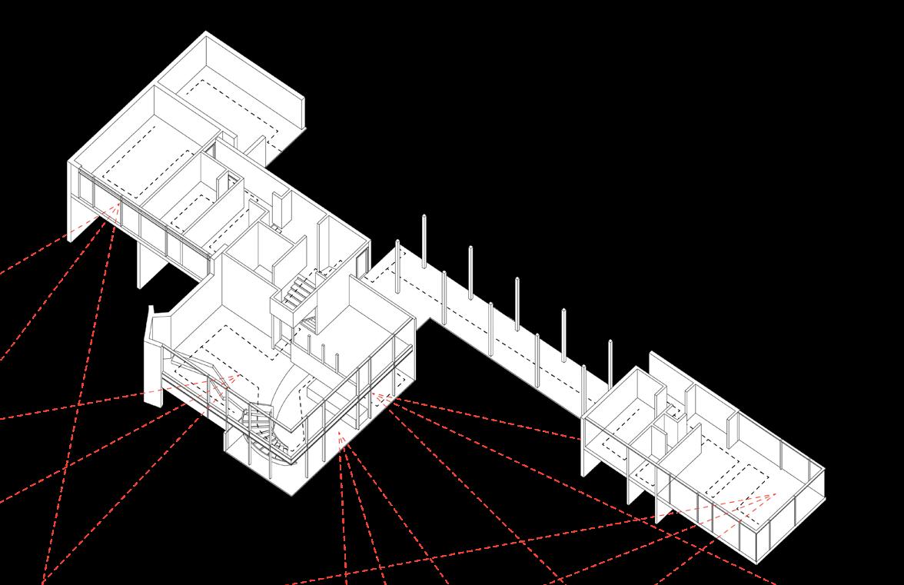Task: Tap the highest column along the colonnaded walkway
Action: [x=424, y=241]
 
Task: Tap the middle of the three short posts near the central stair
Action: [x=324, y=355]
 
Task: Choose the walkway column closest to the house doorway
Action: [x=397, y=265]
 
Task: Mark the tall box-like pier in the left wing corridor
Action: [x=281, y=207]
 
